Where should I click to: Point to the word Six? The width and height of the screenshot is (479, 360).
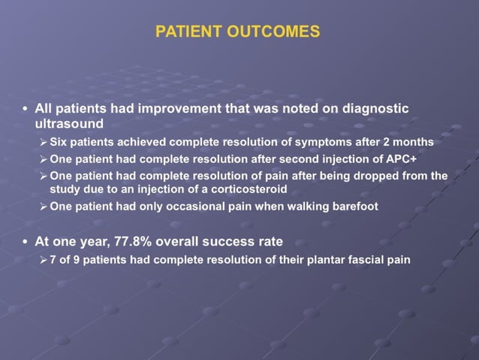pos(59,142)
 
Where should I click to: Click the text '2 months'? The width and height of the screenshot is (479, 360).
pos(411,142)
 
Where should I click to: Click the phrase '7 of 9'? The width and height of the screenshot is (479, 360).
pos(66,260)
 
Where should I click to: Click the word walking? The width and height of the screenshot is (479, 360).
pos(303,206)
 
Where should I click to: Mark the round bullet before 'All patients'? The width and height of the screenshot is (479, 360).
pos(26,109)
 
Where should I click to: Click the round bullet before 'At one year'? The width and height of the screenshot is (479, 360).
pos(26,242)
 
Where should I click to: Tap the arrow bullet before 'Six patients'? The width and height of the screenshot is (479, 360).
pos(44,142)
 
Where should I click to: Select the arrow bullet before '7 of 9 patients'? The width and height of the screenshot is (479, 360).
pos(44,260)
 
